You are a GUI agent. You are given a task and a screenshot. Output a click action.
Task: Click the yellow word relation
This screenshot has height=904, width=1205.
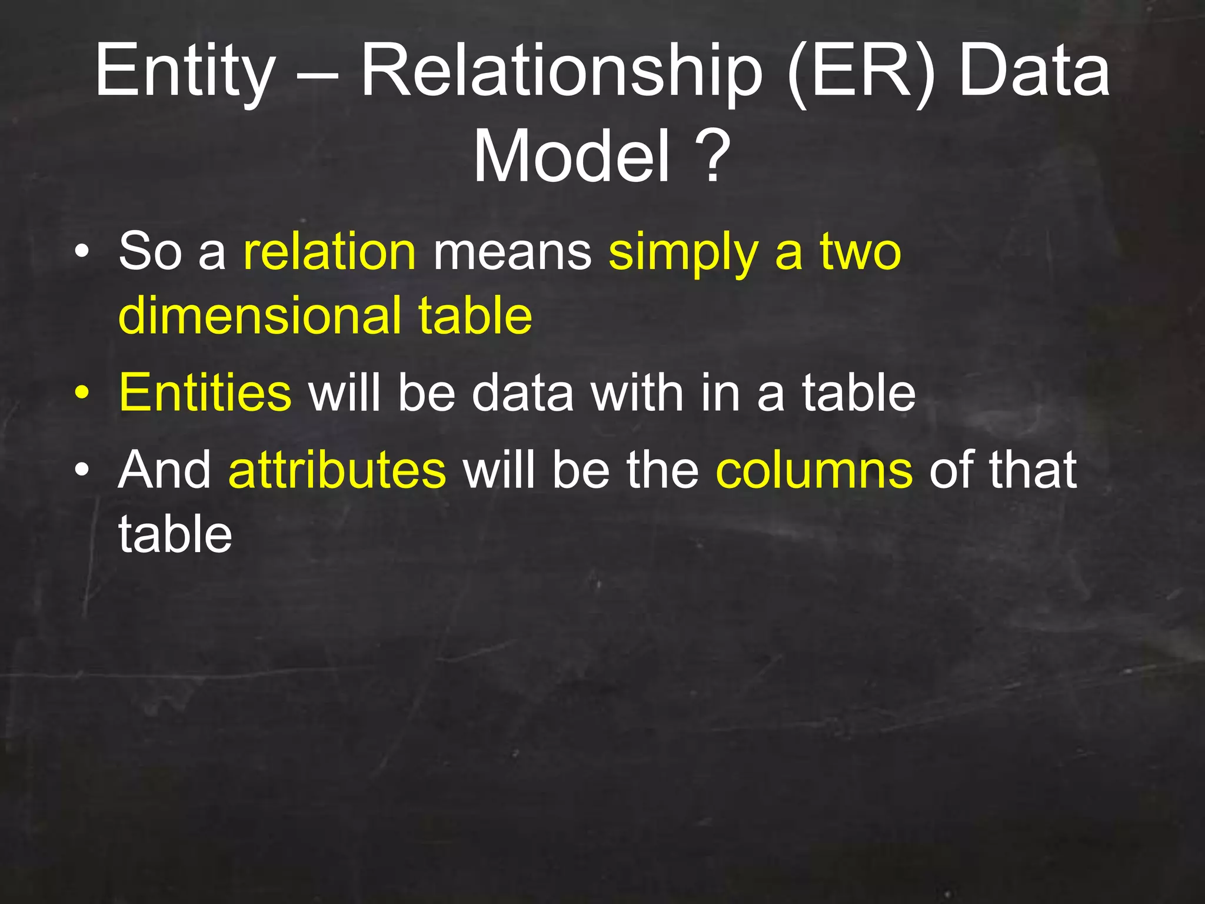pos(329,252)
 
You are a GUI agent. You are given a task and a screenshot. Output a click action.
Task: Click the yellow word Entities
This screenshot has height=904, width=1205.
pos(205,393)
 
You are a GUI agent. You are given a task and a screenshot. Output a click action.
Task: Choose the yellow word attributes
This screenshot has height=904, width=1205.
pos(337,470)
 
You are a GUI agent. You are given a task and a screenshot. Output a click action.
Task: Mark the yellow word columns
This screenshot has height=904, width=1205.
pos(814,470)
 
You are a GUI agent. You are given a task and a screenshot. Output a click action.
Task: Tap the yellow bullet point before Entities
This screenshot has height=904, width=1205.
pos(82,393)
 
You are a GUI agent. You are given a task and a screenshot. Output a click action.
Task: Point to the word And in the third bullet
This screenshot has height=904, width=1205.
pos(165,470)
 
